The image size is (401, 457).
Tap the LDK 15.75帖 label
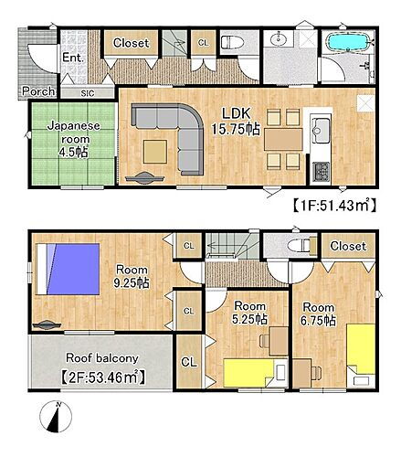(237, 122)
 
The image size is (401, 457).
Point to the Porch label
(37, 91)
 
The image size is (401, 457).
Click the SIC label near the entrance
(87, 92)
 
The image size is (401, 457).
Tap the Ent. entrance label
(74, 58)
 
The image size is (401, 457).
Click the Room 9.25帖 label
(132, 276)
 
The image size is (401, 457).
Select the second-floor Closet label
(347, 247)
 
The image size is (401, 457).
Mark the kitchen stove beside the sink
(321, 170)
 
